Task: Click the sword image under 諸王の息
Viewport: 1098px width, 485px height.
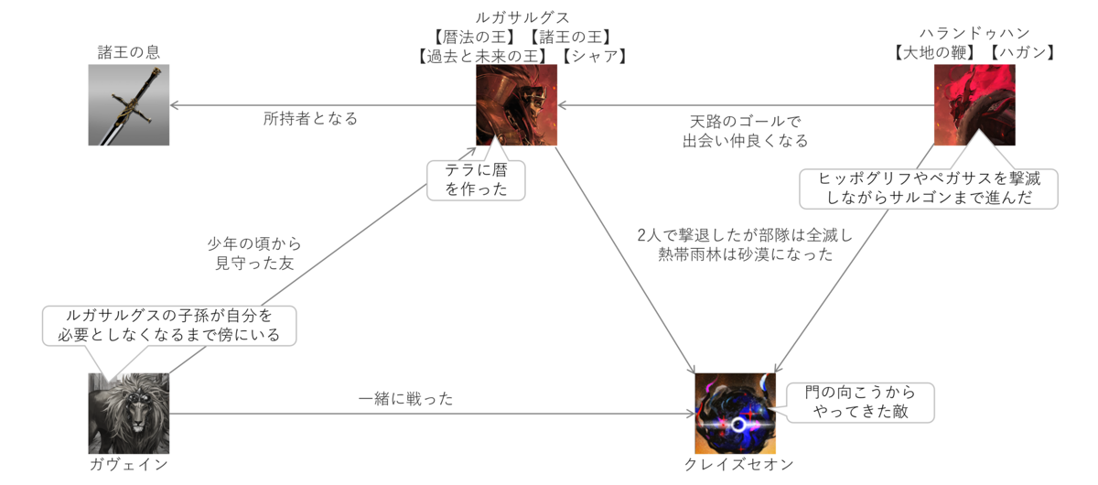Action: tap(129, 105)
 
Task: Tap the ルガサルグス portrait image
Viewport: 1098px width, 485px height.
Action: tap(516, 105)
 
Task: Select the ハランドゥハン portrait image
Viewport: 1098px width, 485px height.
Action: tap(974, 105)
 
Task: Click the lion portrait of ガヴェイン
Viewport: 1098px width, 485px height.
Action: tap(129, 414)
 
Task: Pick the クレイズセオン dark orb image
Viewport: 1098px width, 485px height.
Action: tap(735, 414)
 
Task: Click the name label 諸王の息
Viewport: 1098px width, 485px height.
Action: tap(129, 51)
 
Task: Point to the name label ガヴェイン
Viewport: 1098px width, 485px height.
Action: tap(129, 464)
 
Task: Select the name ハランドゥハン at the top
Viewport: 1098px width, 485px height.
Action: tap(974, 33)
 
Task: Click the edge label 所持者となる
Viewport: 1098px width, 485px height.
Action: tap(310, 118)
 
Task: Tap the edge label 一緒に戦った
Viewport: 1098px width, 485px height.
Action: tap(406, 399)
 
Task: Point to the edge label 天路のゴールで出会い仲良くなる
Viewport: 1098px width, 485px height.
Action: tap(745, 131)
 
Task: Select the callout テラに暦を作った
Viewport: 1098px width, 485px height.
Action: tap(476, 179)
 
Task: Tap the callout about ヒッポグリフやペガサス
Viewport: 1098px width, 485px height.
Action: tap(929, 188)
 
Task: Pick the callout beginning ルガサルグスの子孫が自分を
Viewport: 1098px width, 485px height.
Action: tap(170, 326)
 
